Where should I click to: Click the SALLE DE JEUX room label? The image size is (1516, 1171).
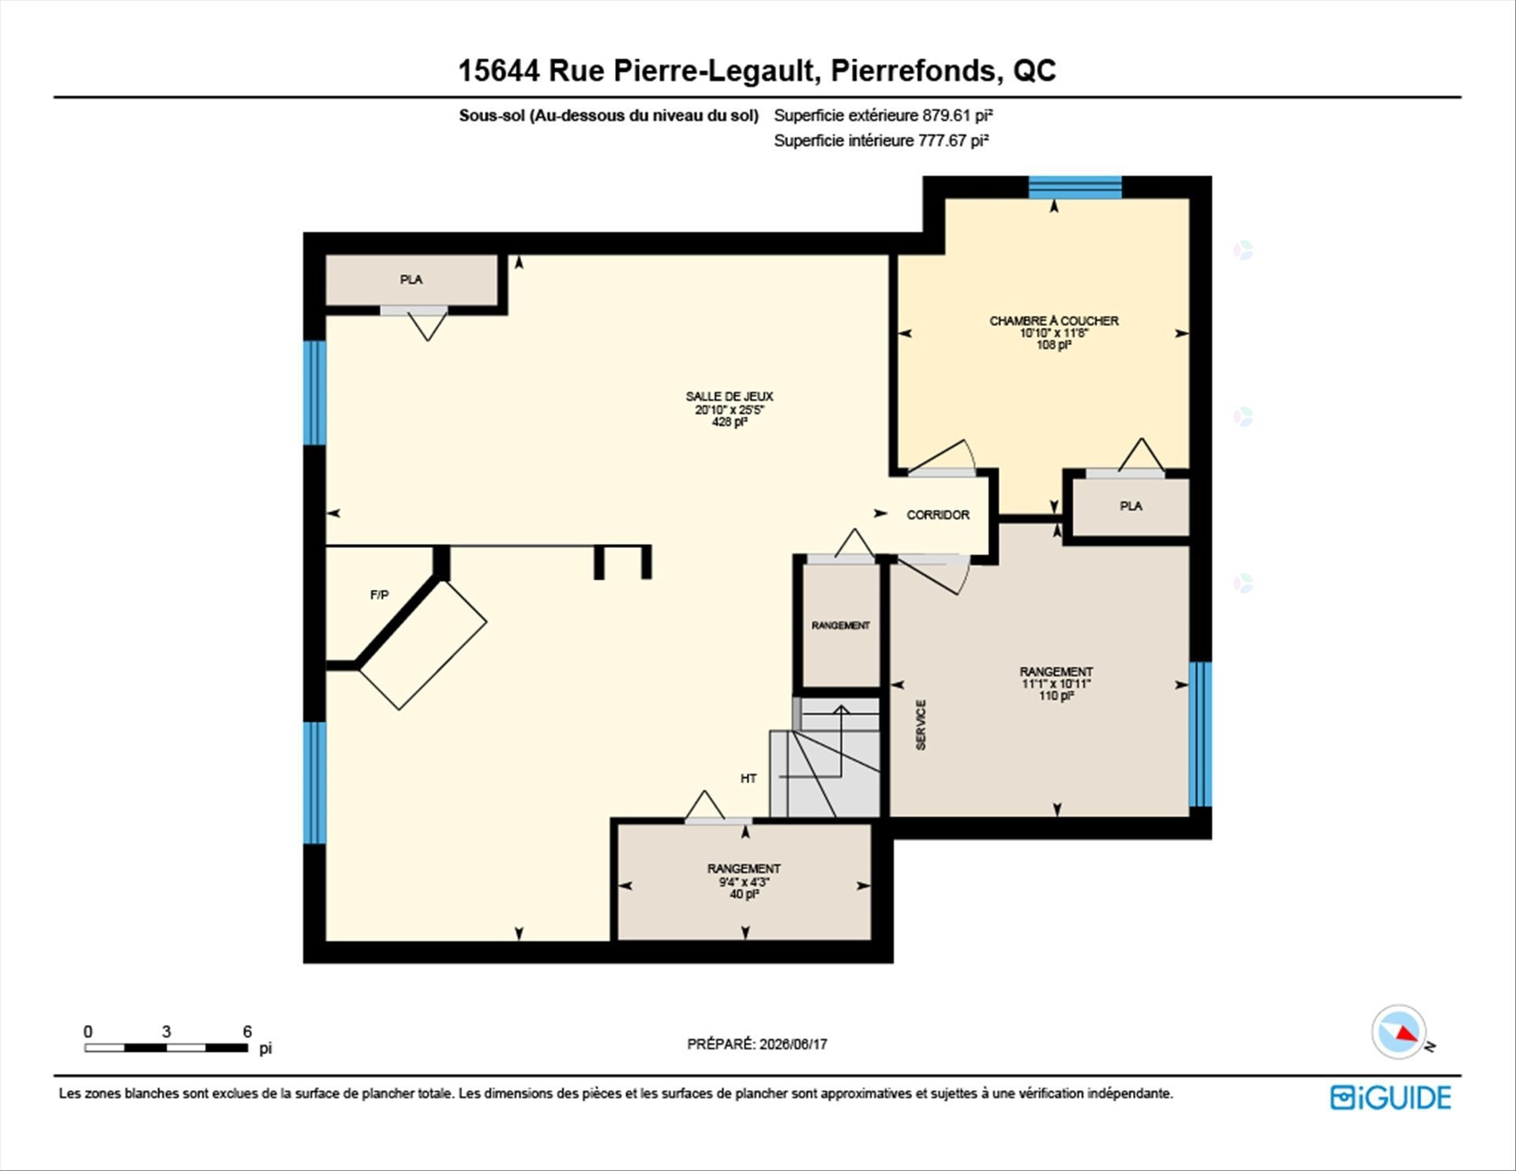(x=729, y=396)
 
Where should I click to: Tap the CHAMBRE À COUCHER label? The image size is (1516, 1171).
(x=1053, y=321)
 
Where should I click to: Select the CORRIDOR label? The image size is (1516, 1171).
(x=938, y=515)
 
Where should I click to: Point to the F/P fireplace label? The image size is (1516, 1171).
(x=379, y=595)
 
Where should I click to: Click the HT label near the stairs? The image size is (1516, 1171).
(x=749, y=779)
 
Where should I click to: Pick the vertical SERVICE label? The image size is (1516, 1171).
(x=921, y=725)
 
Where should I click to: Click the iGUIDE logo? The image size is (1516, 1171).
(x=1390, y=1098)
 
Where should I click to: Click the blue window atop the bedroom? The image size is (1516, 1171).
(x=1075, y=187)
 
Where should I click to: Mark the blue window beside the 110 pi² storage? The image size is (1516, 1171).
(x=1200, y=734)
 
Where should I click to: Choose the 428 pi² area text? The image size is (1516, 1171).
(x=729, y=422)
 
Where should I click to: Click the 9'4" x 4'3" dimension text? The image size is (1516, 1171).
(x=744, y=882)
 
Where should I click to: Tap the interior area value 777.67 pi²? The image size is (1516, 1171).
(x=953, y=141)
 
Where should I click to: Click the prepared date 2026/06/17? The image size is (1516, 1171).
(x=793, y=1044)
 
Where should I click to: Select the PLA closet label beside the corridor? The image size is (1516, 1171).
(x=1131, y=506)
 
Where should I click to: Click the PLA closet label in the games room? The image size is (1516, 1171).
(x=411, y=280)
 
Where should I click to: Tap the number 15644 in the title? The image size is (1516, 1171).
(x=499, y=70)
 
